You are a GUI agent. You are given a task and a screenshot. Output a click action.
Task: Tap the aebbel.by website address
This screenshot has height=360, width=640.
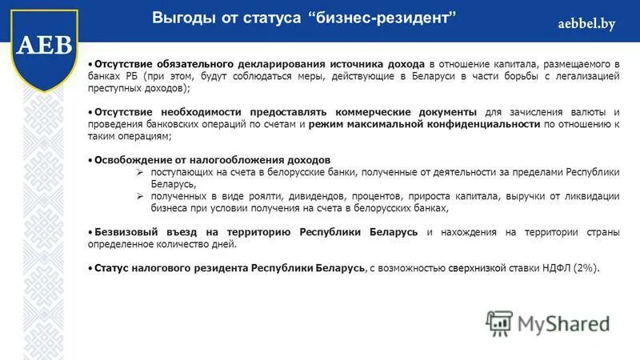586,24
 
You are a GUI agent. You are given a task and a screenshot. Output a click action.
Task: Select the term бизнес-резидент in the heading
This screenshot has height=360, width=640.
382,18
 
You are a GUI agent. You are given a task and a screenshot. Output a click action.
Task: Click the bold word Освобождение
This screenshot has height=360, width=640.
133,160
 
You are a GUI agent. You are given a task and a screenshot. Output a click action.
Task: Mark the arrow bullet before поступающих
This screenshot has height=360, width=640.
140,172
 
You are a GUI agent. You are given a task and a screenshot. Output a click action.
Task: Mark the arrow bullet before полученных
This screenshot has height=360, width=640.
140,196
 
